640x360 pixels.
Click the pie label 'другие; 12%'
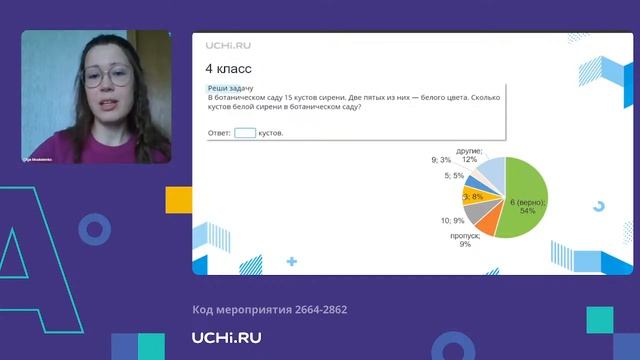469,155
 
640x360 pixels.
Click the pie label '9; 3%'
441,160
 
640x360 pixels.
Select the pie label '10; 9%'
451,220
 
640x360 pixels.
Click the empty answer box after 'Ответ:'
245,132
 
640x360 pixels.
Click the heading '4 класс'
228,70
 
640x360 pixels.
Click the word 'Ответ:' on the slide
219,133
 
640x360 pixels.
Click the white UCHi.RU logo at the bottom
227,338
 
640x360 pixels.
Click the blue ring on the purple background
94,231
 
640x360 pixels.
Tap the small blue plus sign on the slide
291,262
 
